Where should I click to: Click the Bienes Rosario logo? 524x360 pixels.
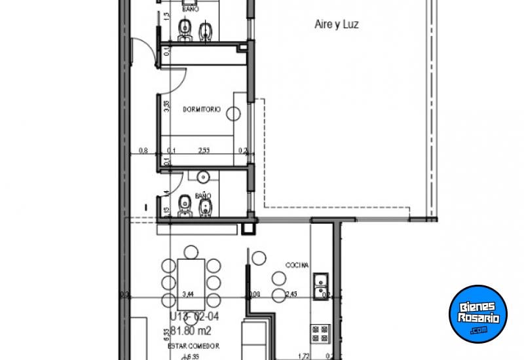(478, 313)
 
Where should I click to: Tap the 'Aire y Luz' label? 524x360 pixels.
(337, 25)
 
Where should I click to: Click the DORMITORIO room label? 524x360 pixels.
(201, 109)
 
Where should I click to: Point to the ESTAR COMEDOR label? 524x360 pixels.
(193, 346)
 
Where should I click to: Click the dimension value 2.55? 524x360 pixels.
(204, 151)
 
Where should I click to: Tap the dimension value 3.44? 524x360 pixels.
(188, 295)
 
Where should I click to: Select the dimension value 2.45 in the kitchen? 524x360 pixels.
(291, 295)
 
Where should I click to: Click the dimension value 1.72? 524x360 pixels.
(303, 357)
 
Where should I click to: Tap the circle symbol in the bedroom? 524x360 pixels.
(233, 114)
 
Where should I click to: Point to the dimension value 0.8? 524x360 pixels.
(143, 151)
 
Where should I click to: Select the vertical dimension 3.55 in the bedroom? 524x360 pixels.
(167, 107)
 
